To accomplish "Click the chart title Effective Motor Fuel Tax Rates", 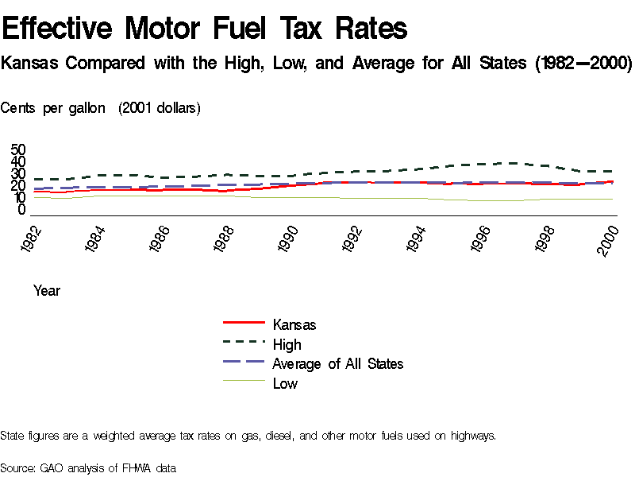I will pyautogui.click(x=205, y=29).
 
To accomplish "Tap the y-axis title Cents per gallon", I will pyautogui.click(x=52, y=108).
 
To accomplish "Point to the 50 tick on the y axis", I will pyautogui.click(x=18, y=150).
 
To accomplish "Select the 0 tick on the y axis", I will pyautogui.click(x=22, y=210).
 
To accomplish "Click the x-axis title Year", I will pyautogui.click(x=47, y=291).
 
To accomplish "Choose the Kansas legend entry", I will pyautogui.click(x=294, y=325).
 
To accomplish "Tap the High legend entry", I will pyautogui.click(x=287, y=344).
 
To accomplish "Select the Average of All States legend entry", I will pyautogui.click(x=337, y=363).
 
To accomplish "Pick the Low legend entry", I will pyautogui.click(x=285, y=383).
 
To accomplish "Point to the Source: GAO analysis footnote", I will pyautogui.click(x=88, y=467).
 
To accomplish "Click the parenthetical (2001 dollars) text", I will pyautogui.click(x=160, y=108).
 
